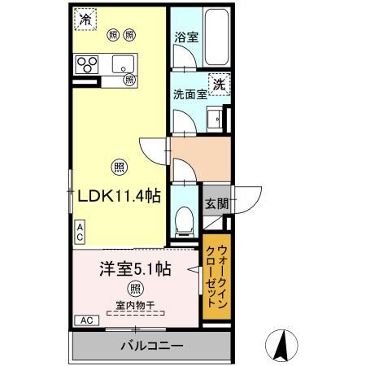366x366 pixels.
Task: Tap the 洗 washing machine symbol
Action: pyautogui.click(x=218, y=83)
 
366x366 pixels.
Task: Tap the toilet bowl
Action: pyautogui.click(x=185, y=218)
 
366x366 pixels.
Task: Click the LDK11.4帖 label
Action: pyautogui.click(x=119, y=196)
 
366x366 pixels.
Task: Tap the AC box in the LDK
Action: pyautogui.click(x=80, y=232)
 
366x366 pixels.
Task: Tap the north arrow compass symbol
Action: pyautogui.click(x=281, y=345)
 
